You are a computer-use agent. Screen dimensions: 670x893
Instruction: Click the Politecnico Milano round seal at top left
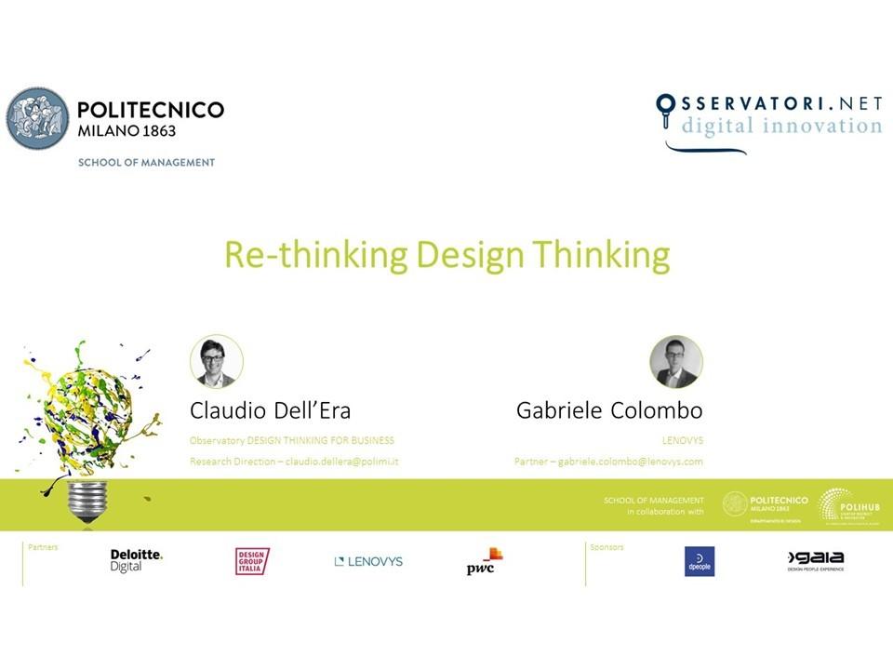click(38, 119)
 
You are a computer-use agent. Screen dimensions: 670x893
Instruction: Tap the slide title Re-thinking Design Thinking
click(446, 254)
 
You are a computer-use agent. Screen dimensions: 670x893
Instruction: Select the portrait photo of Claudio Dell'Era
click(217, 362)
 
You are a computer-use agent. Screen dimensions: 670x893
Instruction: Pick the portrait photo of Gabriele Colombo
click(676, 362)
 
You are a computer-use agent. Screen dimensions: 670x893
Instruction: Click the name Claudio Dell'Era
click(270, 410)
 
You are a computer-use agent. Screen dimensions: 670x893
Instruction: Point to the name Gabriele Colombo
click(609, 410)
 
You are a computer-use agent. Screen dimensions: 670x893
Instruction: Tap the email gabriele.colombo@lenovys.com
click(630, 462)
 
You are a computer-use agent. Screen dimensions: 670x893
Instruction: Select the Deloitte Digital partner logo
click(136, 560)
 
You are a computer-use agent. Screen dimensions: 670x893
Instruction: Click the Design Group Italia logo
click(252, 561)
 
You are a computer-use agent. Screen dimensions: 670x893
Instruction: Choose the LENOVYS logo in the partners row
click(368, 561)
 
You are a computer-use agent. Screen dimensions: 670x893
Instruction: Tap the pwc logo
click(485, 561)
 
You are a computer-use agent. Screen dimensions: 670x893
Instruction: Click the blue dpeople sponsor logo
click(700, 561)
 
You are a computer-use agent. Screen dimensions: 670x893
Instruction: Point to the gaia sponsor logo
click(816, 559)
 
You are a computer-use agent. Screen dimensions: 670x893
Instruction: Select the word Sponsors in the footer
click(606, 547)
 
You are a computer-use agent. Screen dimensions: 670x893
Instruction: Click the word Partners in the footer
click(44, 547)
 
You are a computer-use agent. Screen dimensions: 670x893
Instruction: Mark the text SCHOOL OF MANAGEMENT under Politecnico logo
click(146, 162)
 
